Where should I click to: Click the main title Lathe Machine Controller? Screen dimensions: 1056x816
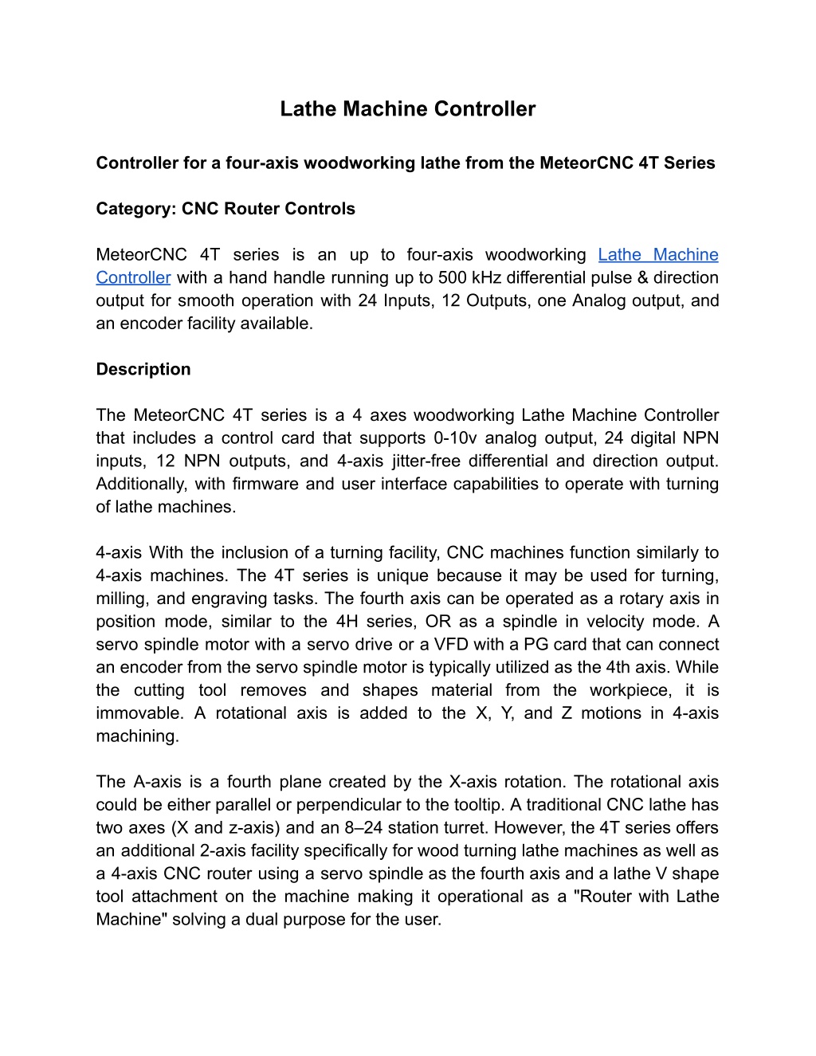click(x=407, y=109)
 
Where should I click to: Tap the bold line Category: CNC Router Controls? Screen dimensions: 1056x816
click(x=226, y=209)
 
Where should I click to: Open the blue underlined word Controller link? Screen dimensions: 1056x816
click(x=133, y=277)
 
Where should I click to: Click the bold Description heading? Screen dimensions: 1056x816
click(x=143, y=370)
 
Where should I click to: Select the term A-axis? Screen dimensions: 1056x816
click(x=158, y=782)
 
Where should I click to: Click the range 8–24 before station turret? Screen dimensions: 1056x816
click(x=363, y=828)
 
